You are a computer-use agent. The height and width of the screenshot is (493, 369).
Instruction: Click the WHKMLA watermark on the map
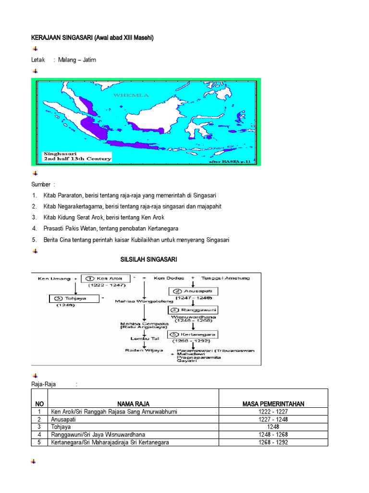131,95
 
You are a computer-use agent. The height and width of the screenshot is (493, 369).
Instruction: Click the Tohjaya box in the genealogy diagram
74,299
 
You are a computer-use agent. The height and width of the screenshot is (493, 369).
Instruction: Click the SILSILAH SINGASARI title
148,259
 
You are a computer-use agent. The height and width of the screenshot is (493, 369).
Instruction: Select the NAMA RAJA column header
134,404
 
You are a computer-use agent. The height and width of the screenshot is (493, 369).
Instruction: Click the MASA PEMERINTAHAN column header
273,404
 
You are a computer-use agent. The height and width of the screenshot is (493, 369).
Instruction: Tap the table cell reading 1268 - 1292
273,442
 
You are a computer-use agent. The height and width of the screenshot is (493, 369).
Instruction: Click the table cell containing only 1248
273,427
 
